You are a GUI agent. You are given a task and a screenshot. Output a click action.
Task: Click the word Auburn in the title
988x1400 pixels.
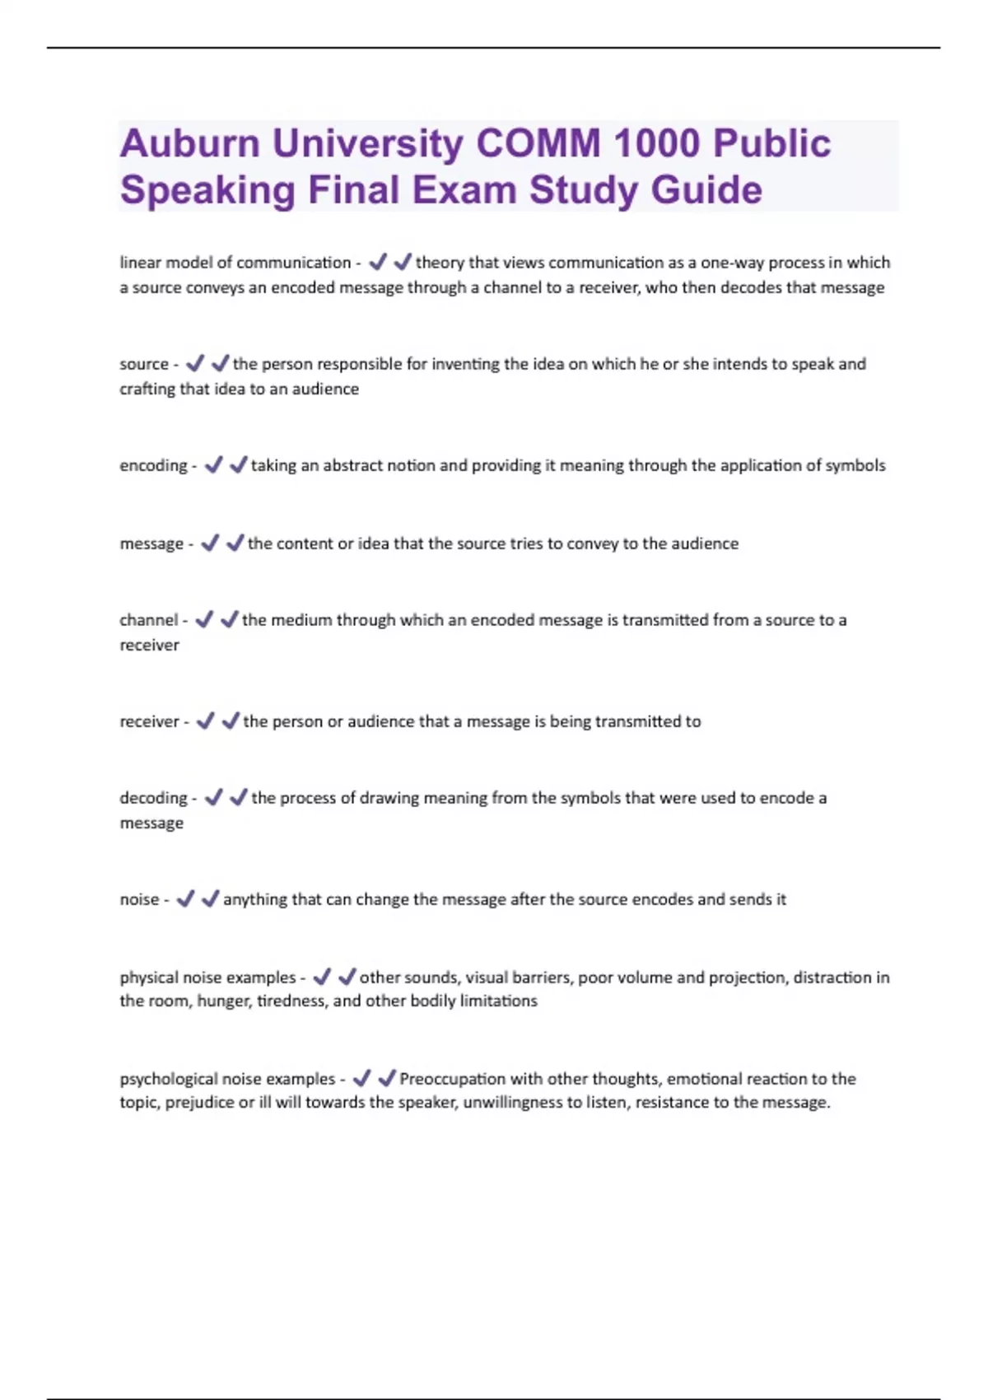pos(190,144)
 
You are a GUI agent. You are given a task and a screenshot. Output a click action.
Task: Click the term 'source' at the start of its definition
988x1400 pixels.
pos(144,364)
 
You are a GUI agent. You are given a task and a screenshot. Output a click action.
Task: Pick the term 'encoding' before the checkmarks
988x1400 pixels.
pos(153,466)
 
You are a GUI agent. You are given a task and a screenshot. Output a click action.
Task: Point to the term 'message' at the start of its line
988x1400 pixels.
pos(151,544)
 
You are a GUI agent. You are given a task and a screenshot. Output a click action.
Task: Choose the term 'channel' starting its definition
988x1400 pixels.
pos(148,620)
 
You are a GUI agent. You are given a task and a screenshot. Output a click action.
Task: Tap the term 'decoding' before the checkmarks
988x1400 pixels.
pos(153,798)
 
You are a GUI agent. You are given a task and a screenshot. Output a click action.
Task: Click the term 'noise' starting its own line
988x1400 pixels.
pos(139,899)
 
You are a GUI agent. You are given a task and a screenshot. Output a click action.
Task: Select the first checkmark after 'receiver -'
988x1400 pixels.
pos(205,721)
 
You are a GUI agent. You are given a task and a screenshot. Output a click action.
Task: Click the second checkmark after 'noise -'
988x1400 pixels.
pos(211,898)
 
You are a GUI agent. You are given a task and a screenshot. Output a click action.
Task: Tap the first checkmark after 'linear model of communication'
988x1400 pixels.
pos(378,262)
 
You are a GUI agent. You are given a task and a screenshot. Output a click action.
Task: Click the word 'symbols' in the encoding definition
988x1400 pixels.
pos(855,465)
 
